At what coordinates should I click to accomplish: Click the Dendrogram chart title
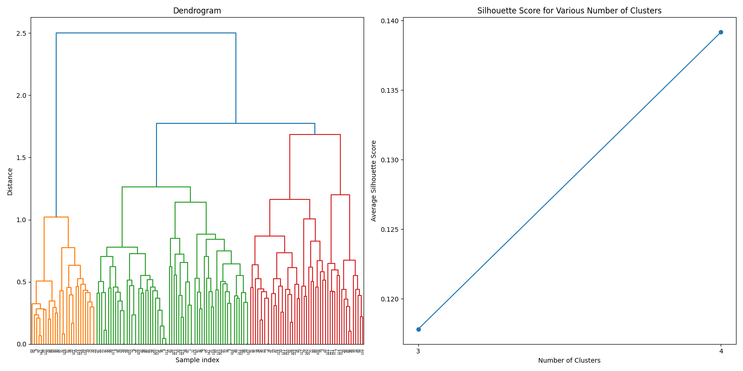click(197, 11)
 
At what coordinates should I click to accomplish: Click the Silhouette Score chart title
click(569, 11)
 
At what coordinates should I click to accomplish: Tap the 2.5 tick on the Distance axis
click(21, 33)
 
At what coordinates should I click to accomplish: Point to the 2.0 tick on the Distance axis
click(21, 96)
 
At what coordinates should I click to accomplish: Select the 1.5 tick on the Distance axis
click(21, 158)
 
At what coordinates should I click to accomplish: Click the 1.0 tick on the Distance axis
click(21, 220)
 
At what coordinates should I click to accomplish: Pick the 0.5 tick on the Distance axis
click(21, 282)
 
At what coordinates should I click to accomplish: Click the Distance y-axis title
click(10, 181)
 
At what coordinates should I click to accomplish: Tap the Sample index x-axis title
click(197, 360)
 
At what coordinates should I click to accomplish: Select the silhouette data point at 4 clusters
click(721, 32)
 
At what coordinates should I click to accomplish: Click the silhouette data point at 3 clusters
click(418, 329)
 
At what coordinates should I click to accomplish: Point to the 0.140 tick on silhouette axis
click(390, 21)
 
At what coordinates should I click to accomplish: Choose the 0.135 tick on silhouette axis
click(390, 90)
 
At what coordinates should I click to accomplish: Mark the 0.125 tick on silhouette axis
click(390, 230)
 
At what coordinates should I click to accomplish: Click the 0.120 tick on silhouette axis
click(390, 299)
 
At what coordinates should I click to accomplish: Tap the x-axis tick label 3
click(418, 352)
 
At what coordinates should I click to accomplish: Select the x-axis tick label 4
click(721, 352)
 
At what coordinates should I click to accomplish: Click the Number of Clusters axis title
click(569, 361)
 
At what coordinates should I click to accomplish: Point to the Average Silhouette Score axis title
click(374, 181)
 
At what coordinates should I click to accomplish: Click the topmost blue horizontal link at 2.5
click(146, 33)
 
